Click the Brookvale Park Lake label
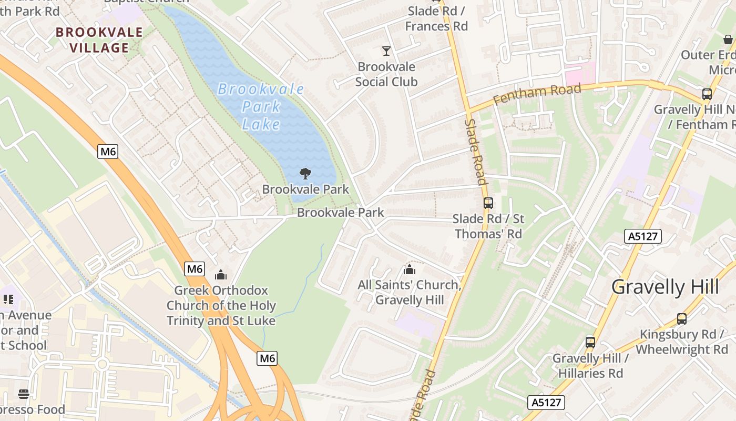(x=261, y=106)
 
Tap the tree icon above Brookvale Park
(x=305, y=174)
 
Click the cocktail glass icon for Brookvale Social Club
(x=386, y=51)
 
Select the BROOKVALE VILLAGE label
(x=99, y=40)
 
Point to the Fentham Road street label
(x=537, y=95)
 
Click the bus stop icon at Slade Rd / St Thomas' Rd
(x=488, y=203)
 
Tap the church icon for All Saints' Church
(x=409, y=270)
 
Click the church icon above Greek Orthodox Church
(x=221, y=275)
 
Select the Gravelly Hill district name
(x=665, y=287)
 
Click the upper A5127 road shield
(x=643, y=236)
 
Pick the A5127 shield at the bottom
(x=546, y=403)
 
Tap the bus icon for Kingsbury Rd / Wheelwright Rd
(x=682, y=318)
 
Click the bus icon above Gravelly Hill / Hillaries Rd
(x=590, y=343)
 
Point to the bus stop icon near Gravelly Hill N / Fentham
(x=707, y=94)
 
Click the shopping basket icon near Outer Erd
(x=728, y=39)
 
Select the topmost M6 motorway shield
(x=108, y=152)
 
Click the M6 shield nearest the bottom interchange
(x=267, y=359)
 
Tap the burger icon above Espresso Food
(x=23, y=394)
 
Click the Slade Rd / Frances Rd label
(x=436, y=18)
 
